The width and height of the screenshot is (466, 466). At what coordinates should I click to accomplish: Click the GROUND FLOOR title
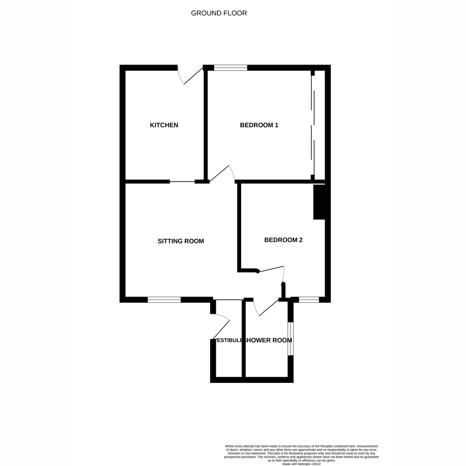click(x=219, y=13)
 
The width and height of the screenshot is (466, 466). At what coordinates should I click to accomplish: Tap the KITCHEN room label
click(x=164, y=125)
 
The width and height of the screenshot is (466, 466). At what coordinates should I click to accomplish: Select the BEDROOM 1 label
click(x=259, y=125)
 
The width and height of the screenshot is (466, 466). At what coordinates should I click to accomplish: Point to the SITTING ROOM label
click(x=181, y=241)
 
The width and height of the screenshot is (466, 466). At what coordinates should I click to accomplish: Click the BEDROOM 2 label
click(x=283, y=240)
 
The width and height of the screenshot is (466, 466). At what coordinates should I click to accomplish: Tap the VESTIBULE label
click(x=228, y=341)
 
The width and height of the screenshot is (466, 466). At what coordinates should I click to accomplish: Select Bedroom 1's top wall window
click(x=230, y=68)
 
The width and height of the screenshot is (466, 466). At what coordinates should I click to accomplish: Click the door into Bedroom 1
click(x=222, y=174)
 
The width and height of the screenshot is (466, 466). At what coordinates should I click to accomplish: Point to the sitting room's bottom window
click(x=164, y=299)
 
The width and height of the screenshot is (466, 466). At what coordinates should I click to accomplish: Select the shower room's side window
click(x=290, y=337)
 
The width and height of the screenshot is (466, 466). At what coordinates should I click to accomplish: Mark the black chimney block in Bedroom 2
click(x=318, y=202)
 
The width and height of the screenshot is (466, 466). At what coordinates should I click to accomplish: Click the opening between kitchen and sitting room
click(x=182, y=181)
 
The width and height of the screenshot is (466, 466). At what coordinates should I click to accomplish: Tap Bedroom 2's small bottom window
click(x=309, y=299)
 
